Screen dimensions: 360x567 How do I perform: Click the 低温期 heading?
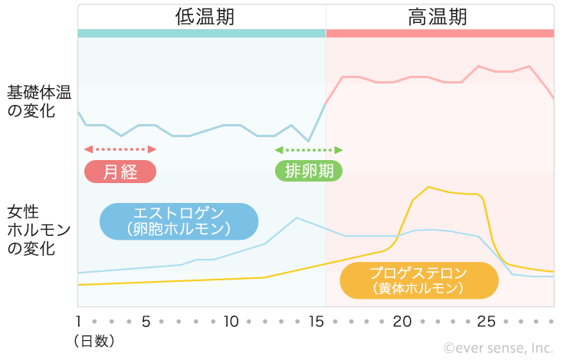203,16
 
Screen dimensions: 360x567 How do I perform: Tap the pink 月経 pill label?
120,172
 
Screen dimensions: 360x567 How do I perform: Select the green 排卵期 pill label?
309,171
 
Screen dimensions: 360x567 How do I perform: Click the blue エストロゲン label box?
179,221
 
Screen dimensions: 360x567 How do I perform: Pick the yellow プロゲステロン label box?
418,280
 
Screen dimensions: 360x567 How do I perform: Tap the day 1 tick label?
80,321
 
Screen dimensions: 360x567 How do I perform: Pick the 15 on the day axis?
316,321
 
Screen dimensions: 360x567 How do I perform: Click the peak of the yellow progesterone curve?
429,187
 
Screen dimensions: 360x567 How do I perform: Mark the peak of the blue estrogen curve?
297,218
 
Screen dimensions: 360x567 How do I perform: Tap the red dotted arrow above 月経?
120,149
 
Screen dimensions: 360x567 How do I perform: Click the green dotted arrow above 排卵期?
309,149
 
